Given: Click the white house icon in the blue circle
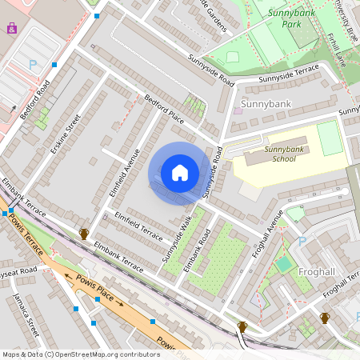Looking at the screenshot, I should click(x=180, y=173).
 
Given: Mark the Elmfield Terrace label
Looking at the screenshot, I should click(x=138, y=222).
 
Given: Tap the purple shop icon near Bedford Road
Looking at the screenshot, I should click(x=11, y=27).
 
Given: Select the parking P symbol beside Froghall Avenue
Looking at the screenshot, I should click(x=302, y=241).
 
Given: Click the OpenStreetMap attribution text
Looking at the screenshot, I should click(x=80, y=354).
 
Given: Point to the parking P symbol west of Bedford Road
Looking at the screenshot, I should click(x=33, y=64).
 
